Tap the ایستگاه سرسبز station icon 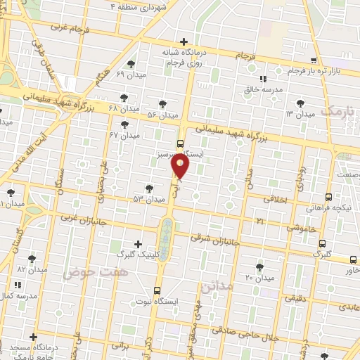tap(181, 144)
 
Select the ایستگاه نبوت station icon tap(157, 290)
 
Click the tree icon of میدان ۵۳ tap(149, 188)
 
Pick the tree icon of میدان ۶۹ tap(131, 64)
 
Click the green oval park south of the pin tap(165, 240)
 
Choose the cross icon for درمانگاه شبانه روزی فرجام tap(184, 41)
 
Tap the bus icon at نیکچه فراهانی tap(329, 198)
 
